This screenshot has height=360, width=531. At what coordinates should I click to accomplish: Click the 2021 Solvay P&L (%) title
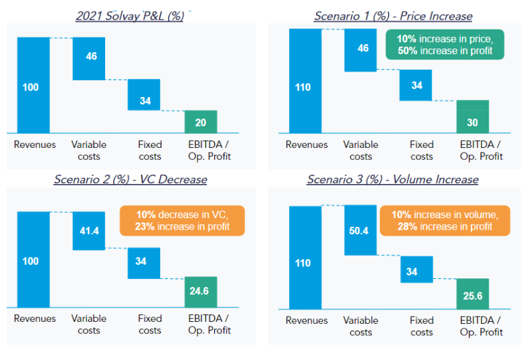pos(131,16)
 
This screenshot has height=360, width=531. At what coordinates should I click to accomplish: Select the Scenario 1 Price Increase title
pos(393,16)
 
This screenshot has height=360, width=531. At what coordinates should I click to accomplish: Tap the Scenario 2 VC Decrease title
pos(131,179)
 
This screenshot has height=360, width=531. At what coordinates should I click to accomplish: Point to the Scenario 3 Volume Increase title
pos(392,179)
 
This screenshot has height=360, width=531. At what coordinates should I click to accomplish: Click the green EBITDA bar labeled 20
pos(201,122)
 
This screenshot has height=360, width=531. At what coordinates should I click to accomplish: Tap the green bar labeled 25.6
pos(473,294)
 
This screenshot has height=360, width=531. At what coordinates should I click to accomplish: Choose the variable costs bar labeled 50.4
pos(360,230)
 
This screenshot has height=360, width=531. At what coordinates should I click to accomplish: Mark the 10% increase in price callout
pos(445,45)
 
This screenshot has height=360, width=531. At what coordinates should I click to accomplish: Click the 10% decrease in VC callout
pos(183,221)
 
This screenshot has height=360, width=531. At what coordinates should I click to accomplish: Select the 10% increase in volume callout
pos(445,221)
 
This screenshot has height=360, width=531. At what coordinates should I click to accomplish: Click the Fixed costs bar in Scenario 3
pos(416,270)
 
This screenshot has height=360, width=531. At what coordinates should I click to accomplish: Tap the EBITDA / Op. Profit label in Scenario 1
pos(481,151)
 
